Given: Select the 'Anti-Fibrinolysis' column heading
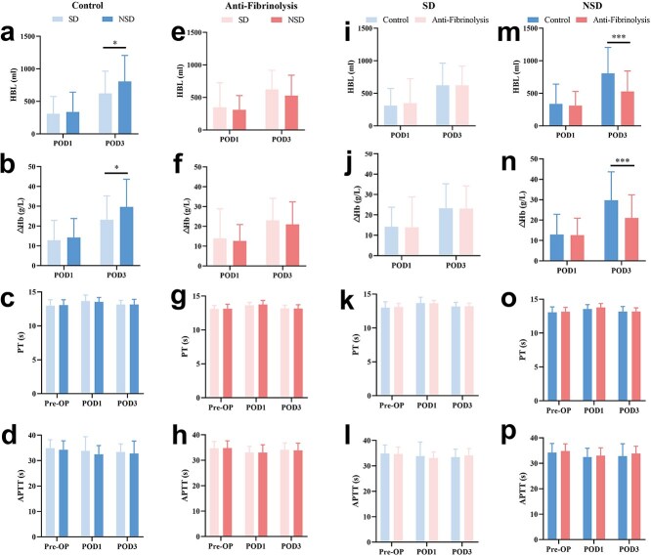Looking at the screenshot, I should click(x=252, y=6).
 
